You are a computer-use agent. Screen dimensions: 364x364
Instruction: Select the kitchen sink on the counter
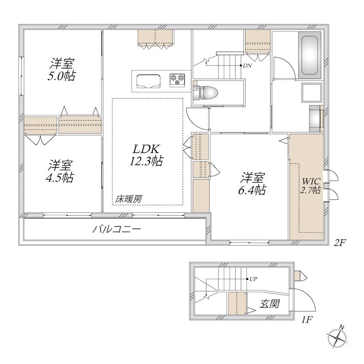(148, 81)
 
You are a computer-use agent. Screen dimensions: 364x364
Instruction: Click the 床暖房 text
(129, 198)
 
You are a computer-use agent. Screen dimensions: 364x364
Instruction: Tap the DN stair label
(247, 66)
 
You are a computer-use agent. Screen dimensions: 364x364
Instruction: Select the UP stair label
(253, 279)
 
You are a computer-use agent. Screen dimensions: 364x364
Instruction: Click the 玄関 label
(270, 303)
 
